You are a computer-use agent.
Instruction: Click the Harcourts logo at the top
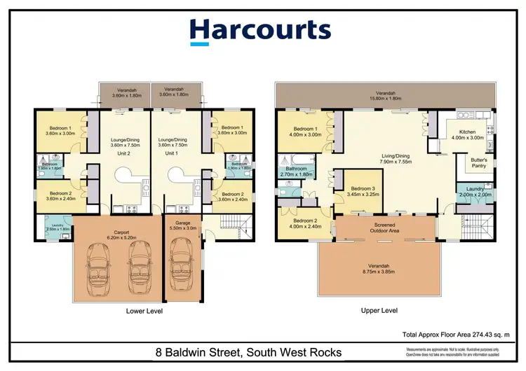pyautogui.click(x=260, y=31)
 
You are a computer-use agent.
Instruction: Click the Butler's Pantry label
pyautogui.click(x=478, y=162)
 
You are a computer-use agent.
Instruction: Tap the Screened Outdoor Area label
pyautogui.click(x=384, y=227)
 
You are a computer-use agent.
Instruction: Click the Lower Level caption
pyautogui.click(x=146, y=310)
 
